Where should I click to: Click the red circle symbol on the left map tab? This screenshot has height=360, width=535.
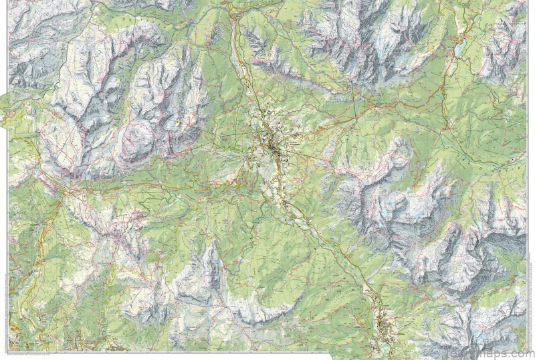[x=11, y=114]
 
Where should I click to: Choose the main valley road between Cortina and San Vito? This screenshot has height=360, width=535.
[x=314, y=234]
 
